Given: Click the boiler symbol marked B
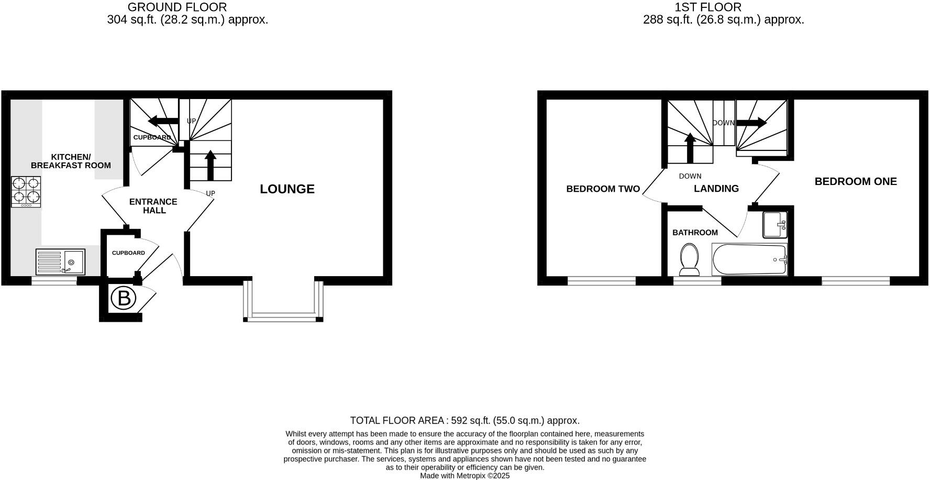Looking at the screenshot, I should [x=124, y=299].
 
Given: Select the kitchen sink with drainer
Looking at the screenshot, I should [x=60, y=261].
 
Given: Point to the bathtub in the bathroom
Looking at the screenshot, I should [x=749, y=259].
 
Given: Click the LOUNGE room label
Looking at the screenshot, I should [x=287, y=189].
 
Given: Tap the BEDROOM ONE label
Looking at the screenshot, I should [x=856, y=181].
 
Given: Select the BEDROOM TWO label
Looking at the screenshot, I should [x=603, y=189].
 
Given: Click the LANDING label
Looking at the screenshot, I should [x=716, y=189].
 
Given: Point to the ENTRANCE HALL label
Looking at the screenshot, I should [x=153, y=206].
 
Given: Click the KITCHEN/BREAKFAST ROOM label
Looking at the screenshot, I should [x=71, y=161].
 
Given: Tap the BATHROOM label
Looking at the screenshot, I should [x=695, y=233].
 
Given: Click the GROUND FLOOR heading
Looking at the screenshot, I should [x=177, y=7].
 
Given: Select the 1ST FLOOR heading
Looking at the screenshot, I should [x=708, y=7].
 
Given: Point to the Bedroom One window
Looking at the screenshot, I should [x=855, y=281].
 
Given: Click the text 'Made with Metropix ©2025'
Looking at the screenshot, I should [x=464, y=476].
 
